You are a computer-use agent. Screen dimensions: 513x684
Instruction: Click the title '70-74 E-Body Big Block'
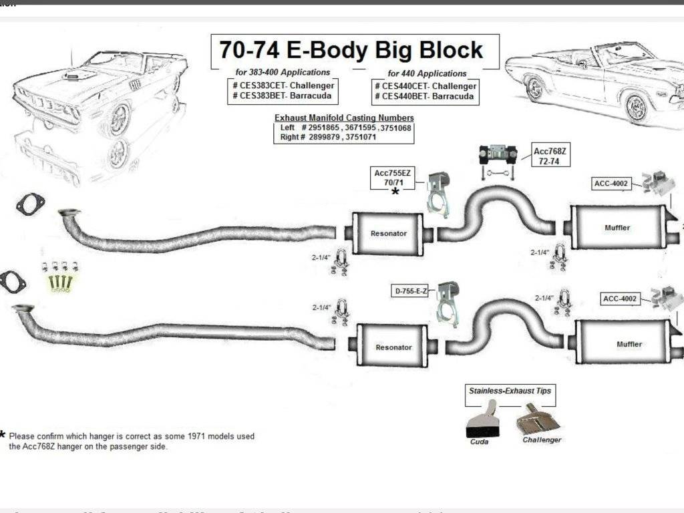click(x=351, y=50)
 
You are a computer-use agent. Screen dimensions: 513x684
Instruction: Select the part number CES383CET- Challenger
click(x=284, y=85)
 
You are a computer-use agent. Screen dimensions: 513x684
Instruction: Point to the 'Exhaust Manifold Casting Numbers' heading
click(x=344, y=118)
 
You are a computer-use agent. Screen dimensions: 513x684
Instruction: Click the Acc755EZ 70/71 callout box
click(x=394, y=178)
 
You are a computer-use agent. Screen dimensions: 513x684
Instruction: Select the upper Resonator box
click(x=388, y=233)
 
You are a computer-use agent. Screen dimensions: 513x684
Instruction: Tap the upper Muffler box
click(x=617, y=228)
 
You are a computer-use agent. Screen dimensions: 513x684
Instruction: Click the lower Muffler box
click(x=628, y=344)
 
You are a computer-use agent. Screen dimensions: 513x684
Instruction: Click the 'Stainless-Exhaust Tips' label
click(x=510, y=390)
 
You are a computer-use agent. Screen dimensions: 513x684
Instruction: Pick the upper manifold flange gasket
click(x=30, y=204)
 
